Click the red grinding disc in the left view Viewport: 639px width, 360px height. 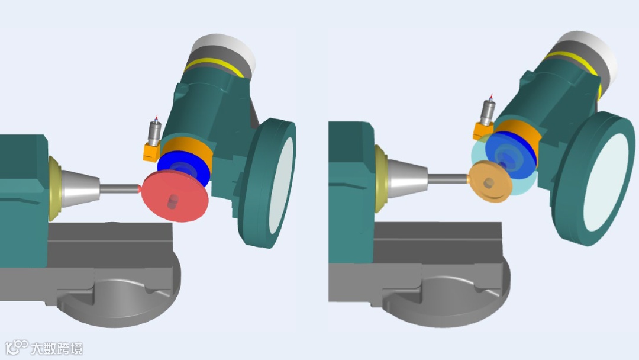pyautogui.click(x=175, y=197)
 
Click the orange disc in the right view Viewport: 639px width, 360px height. pyautogui.click(x=490, y=181)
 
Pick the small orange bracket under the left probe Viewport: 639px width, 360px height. pyautogui.click(x=151, y=152)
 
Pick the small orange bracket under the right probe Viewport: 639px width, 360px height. pyautogui.click(x=482, y=131)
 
